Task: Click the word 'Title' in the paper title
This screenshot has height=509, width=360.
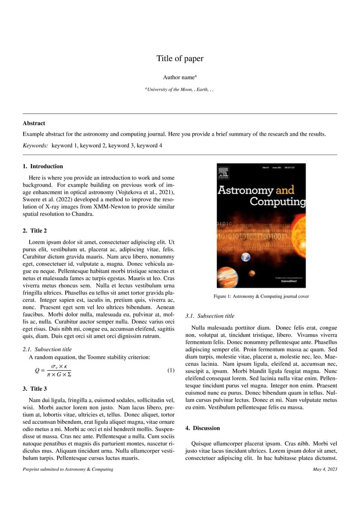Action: tap(165, 58)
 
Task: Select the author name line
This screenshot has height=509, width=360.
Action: tap(180, 78)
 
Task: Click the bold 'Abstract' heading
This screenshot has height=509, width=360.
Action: tap(34, 123)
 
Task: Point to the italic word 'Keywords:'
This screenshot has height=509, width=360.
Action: tap(35, 145)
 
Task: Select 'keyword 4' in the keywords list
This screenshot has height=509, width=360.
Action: tap(149, 145)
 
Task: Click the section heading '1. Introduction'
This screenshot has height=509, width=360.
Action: tap(43, 166)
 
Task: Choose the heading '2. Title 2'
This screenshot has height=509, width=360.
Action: tap(35, 231)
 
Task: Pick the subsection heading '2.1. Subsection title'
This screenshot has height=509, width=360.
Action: tap(47, 349)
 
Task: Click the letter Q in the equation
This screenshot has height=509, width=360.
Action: tap(37, 371)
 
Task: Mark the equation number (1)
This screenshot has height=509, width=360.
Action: tap(171, 370)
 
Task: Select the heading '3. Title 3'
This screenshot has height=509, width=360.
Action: tap(35, 388)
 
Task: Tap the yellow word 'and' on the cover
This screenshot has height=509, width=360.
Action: tap(285, 189)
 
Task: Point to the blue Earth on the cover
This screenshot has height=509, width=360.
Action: tap(246, 257)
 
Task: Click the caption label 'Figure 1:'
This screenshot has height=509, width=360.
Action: tap(223, 296)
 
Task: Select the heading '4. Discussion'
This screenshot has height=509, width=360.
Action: tap(203, 428)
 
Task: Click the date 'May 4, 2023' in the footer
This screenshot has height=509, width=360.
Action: tap(325, 469)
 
